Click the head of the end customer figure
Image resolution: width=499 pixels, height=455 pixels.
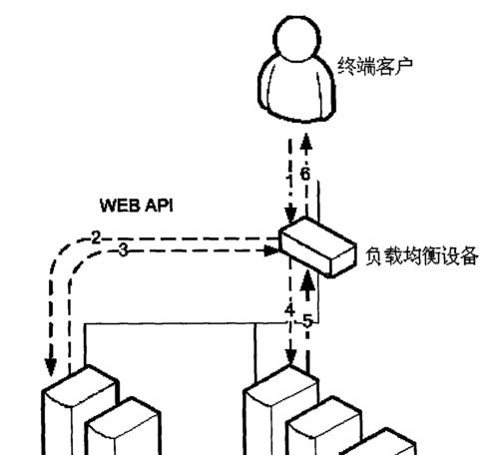click(x=297, y=39)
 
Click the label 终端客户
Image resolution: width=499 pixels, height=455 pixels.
click(x=375, y=66)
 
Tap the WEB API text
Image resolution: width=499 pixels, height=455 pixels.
click(x=137, y=206)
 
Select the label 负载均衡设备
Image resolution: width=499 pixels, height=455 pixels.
click(x=422, y=256)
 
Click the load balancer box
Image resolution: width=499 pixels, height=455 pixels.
click(x=317, y=246)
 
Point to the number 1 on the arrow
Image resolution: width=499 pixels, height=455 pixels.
click(x=289, y=183)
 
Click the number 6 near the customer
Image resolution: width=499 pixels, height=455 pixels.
click(x=305, y=174)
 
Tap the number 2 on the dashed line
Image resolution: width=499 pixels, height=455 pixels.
click(x=96, y=238)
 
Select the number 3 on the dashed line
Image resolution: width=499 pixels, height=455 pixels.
click(x=124, y=249)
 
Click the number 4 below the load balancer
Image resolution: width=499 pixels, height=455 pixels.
click(x=290, y=310)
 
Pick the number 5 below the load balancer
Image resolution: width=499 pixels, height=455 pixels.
click(x=307, y=322)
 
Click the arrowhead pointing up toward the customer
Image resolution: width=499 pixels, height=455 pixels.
click(x=306, y=142)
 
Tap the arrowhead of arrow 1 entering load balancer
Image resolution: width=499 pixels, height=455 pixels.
click(x=290, y=215)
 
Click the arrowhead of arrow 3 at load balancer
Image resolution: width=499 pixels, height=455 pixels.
click(x=271, y=250)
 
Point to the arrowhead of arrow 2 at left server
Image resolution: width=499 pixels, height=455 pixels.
click(x=51, y=367)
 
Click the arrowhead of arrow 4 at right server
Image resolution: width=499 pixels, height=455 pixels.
click(x=290, y=357)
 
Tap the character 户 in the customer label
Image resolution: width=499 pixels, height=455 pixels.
click(x=403, y=66)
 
